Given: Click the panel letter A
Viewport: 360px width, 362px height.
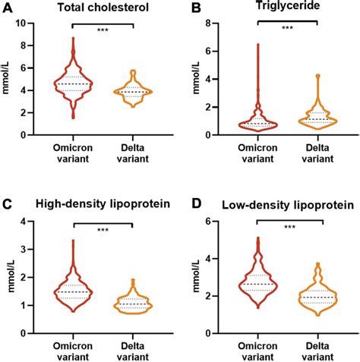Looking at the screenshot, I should [8, 9].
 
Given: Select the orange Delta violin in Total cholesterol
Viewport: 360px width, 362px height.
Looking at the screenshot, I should [132, 91].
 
